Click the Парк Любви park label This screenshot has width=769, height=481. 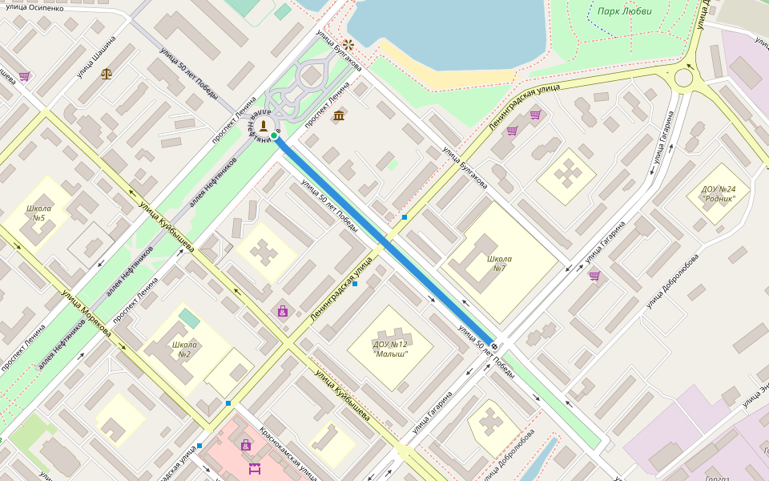tap(624, 11)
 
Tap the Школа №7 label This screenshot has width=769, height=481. tap(499, 263)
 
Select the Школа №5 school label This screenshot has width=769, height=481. tap(38, 213)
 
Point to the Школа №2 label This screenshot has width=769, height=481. tap(184, 350)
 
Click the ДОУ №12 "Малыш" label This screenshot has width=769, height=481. tap(390, 349)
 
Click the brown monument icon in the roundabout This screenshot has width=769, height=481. tap(262, 126)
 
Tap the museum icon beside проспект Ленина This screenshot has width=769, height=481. tap(339, 115)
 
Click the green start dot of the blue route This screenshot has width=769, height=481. tap(274, 136)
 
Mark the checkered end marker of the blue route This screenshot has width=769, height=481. tap(494, 346)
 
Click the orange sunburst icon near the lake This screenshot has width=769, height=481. tap(348, 44)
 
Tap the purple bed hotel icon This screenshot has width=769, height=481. tap(255, 467)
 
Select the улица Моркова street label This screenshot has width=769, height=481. tap(85, 312)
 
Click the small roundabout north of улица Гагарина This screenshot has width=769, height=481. tap(683, 78)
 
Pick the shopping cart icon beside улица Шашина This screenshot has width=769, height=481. tap(25, 76)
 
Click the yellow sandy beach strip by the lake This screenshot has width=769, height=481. tap(449, 78)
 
